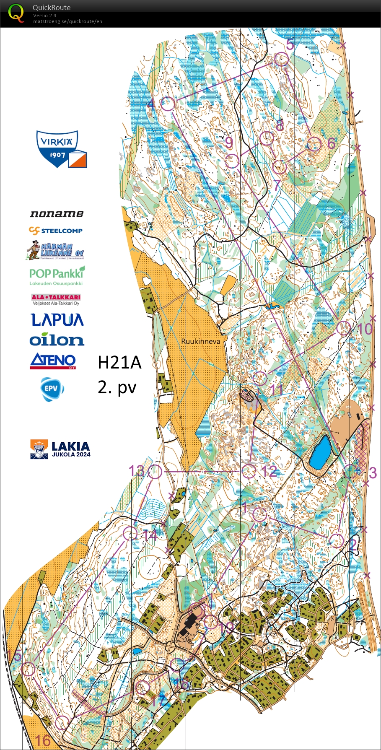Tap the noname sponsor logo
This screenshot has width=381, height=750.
[x=57, y=214]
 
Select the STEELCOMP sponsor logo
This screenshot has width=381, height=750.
[x=56, y=230]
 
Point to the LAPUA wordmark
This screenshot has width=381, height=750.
[x=57, y=320]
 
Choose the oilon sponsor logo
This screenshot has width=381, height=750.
[x=57, y=340]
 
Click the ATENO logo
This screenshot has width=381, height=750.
[x=53, y=361]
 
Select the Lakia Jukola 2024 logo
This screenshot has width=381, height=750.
[x=60, y=449]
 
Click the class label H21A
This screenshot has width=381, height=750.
[x=119, y=363]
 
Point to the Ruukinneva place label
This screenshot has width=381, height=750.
[x=200, y=341]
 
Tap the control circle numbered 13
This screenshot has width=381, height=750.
[x=155, y=471]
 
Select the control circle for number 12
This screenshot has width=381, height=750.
[x=249, y=471]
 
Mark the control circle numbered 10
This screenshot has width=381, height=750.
[x=344, y=328]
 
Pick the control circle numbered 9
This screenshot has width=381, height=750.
[x=232, y=161]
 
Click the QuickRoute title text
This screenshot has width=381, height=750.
[x=52, y=8]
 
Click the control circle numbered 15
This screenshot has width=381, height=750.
[x=28, y=669]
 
